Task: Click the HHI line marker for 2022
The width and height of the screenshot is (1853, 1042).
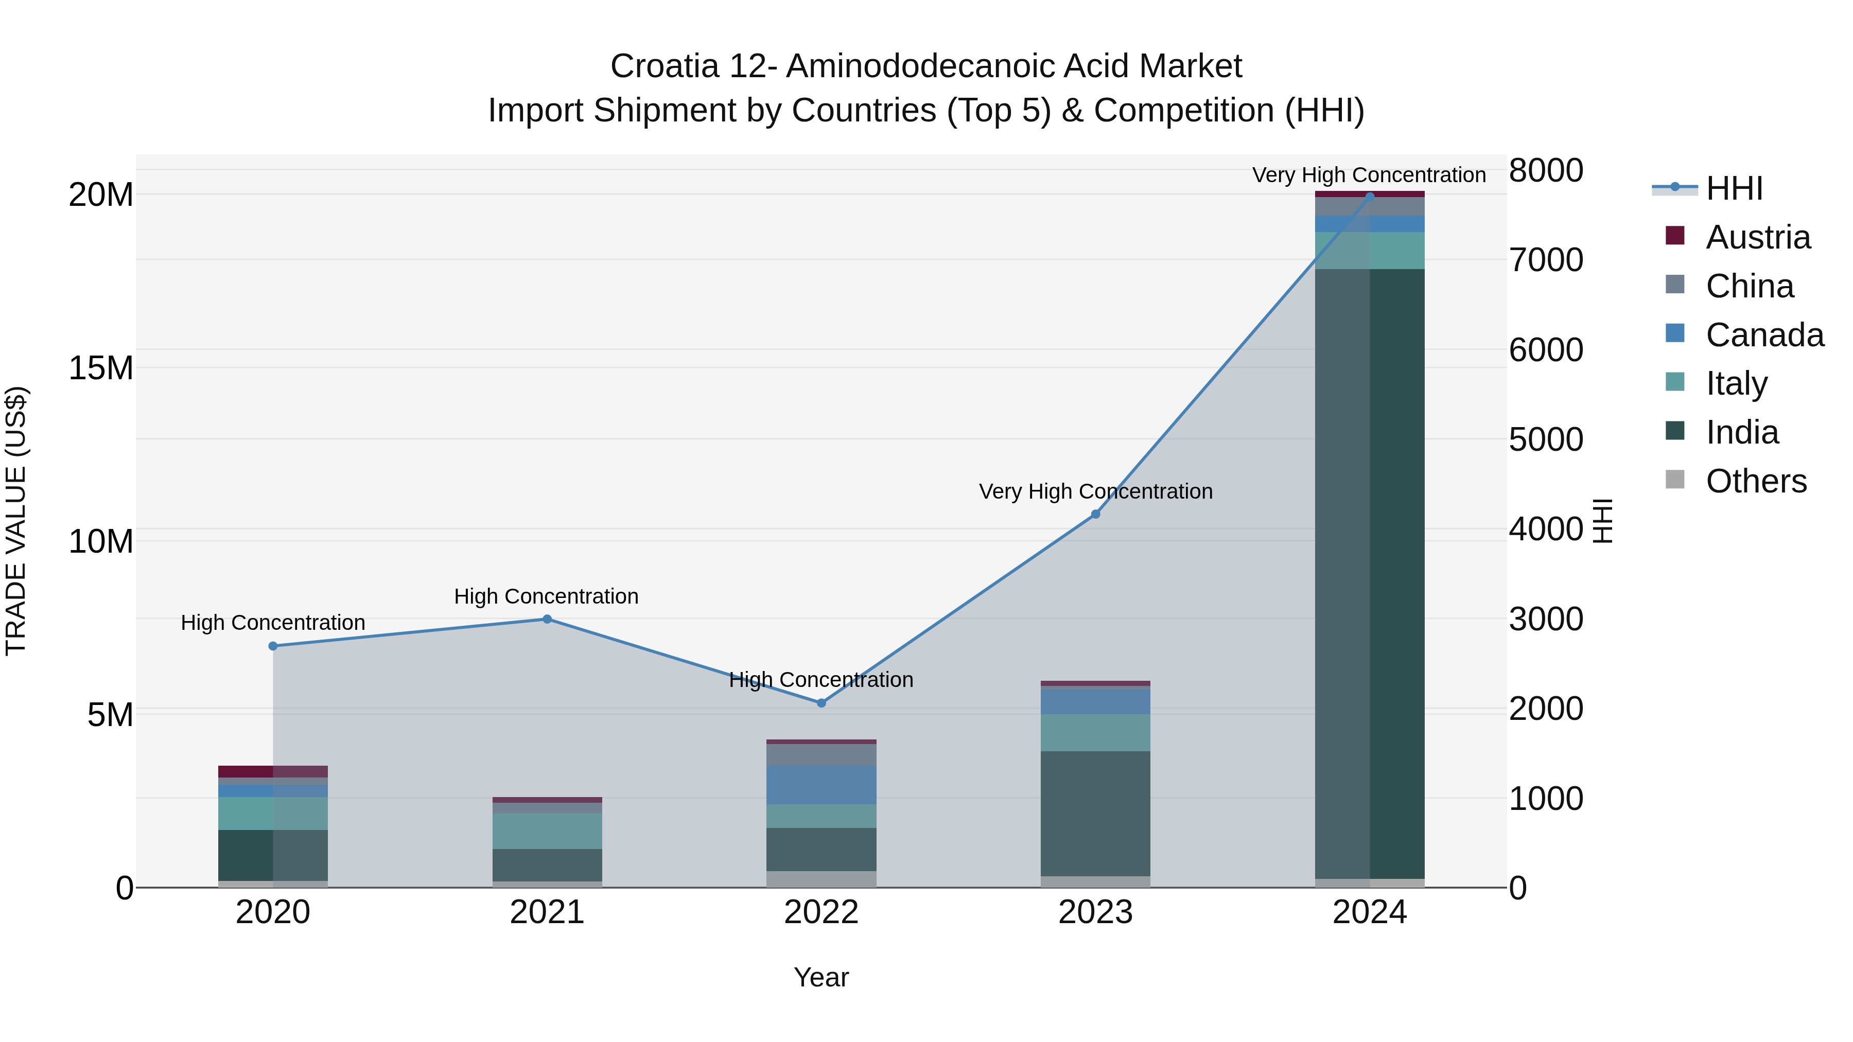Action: click(x=821, y=702)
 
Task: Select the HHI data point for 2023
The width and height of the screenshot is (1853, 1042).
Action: click(x=1095, y=514)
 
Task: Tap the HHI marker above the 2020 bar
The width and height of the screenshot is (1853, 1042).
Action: click(x=273, y=646)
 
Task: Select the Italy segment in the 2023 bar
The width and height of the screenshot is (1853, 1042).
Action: click(x=1095, y=733)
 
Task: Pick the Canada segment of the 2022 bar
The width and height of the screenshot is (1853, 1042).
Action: click(x=821, y=785)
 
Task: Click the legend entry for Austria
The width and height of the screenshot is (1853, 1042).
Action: click(x=1757, y=237)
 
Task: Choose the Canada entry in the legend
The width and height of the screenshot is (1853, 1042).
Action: click(x=1764, y=335)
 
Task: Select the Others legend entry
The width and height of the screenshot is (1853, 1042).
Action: click(x=1755, y=481)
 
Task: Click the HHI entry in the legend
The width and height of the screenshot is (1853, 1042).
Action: click(x=1734, y=188)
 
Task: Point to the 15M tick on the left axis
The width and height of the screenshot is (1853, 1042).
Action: click(x=101, y=368)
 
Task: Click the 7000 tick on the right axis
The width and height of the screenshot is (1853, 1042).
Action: click(x=1546, y=260)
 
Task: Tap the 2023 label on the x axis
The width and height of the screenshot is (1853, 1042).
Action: click(x=1095, y=912)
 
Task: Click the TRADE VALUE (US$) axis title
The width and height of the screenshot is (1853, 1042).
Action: click(x=16, y=521)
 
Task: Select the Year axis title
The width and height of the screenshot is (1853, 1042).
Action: click(x=821, y=977)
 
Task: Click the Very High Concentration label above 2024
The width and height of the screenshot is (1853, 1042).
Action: click(x=1368, y=175)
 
